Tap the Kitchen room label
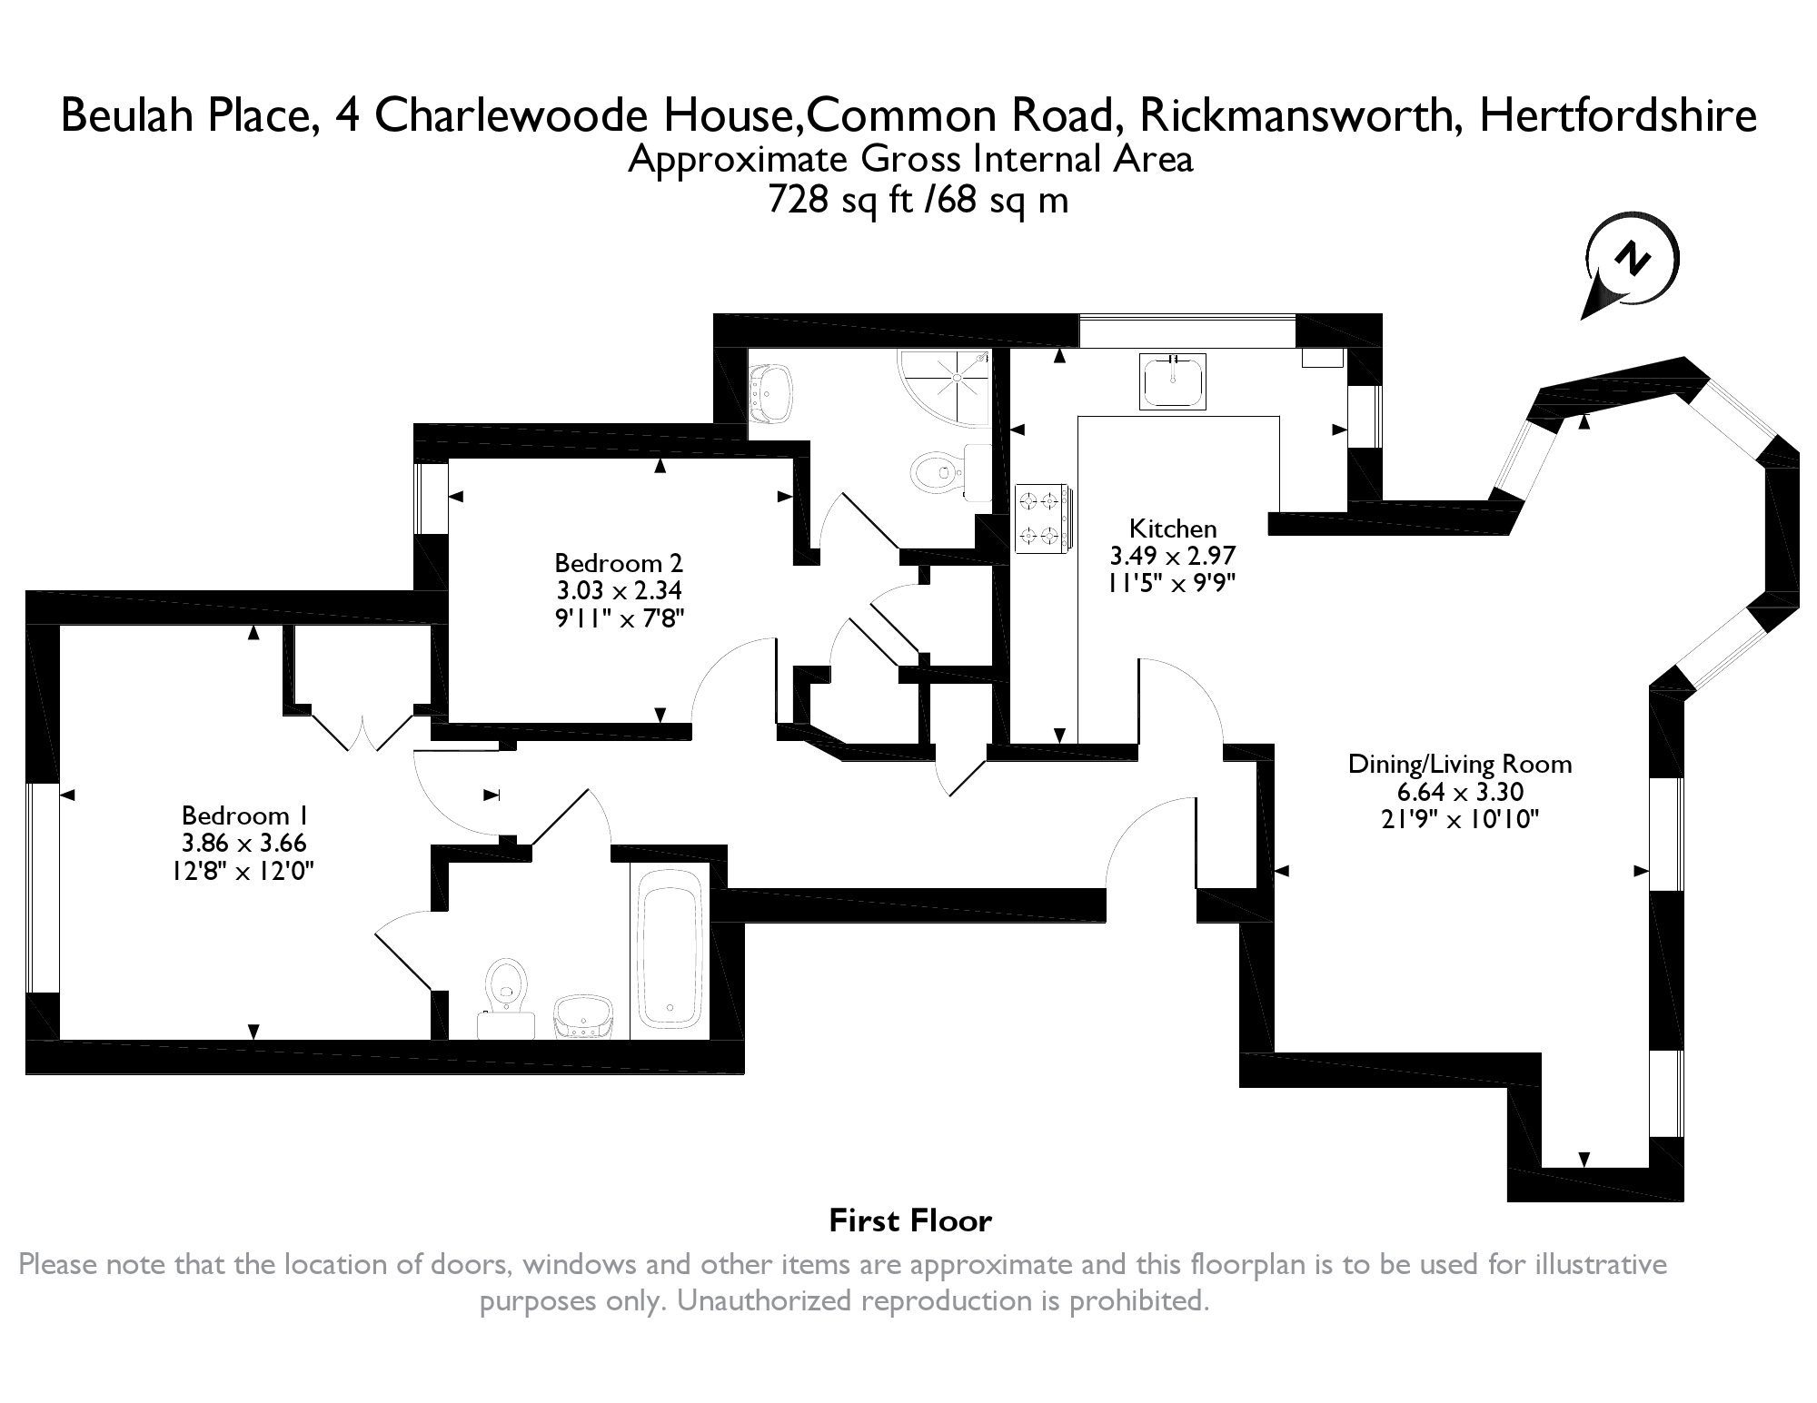1173,529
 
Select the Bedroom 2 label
619,563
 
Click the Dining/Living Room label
1460,764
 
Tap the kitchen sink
1173,381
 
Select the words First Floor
910,1221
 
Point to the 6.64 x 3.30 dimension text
1460,792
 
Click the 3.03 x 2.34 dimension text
619,591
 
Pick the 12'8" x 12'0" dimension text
244,872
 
